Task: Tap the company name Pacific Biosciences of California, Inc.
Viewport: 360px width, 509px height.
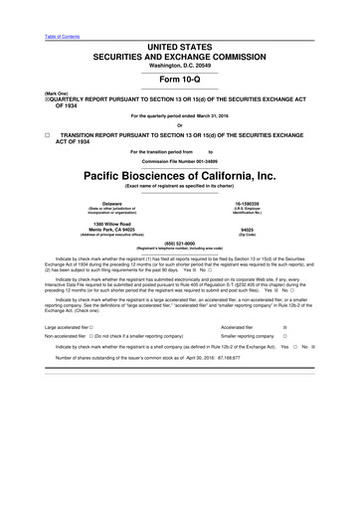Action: point(180,174)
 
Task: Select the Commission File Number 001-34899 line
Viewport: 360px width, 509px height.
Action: point(180,160)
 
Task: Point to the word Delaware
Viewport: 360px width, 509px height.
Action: point(105,203)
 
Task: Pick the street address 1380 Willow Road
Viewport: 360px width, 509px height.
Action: point(105,224)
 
